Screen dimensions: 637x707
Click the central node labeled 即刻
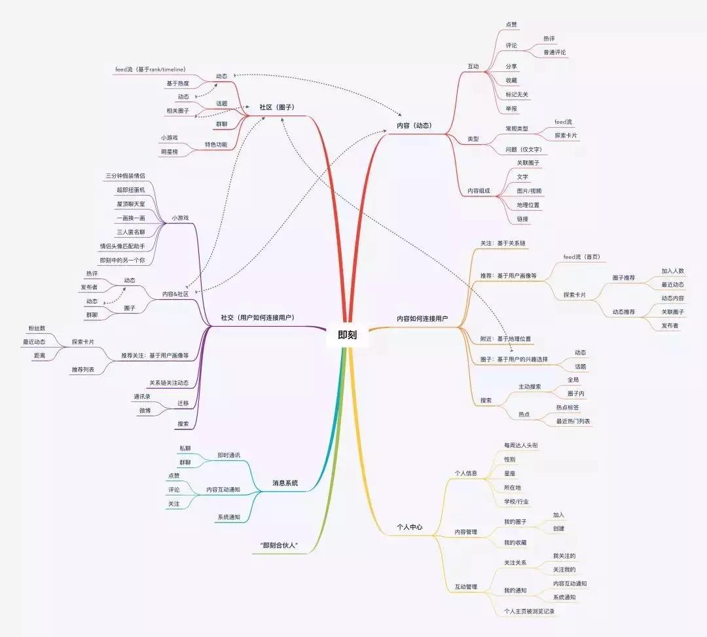pos(348,334)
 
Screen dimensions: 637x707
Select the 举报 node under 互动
pos(511,108)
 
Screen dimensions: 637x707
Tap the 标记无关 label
pos(517,94)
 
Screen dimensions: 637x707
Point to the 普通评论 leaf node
pos(554,52)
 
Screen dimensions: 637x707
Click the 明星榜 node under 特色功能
pos(170,152)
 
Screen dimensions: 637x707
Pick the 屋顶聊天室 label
pos(131,204)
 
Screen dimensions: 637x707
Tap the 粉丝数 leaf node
pos(37,327)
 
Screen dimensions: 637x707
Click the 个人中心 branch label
pos(410,527)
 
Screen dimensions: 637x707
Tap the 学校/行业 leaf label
pos(517,501)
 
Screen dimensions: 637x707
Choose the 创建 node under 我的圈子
pos(558,528)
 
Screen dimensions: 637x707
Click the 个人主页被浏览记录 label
pos(530,611)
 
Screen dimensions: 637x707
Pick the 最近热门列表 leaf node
pos(573,421)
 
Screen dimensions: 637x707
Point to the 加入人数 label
pos(672,270)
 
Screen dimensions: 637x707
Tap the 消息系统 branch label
pos(285,482)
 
